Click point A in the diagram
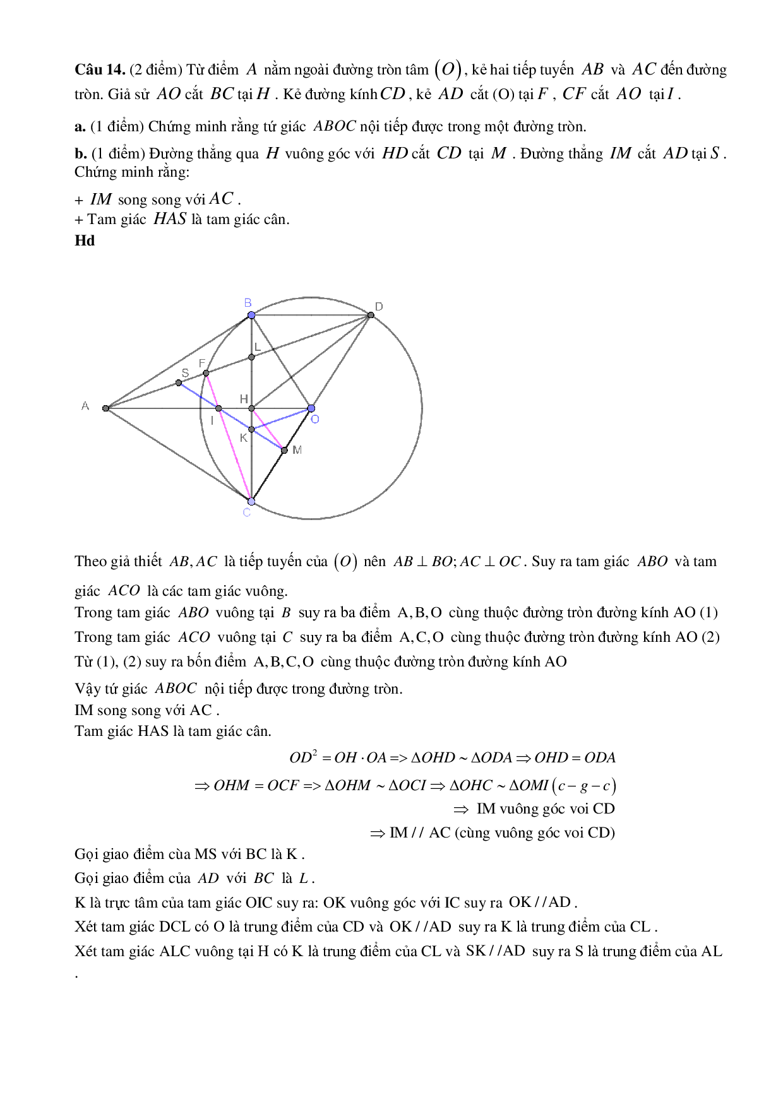tap(106, 408)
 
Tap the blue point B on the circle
tap(251, 315)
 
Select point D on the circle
tap(371, 315)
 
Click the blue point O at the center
tap(311, 408)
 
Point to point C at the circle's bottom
tap(251, 501)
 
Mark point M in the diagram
tap(284, 450)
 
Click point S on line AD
tap(179, 382)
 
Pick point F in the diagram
tap(206, 373)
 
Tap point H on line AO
tap(251, 408)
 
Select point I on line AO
tap(218, 408)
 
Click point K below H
tap(251, 429)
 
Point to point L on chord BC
tap(251, 357)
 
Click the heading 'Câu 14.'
tap(100, 69)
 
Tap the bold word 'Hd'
tap(85, 240)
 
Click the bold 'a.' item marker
tap(80, 127)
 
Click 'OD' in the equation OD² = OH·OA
tap(301, 757)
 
